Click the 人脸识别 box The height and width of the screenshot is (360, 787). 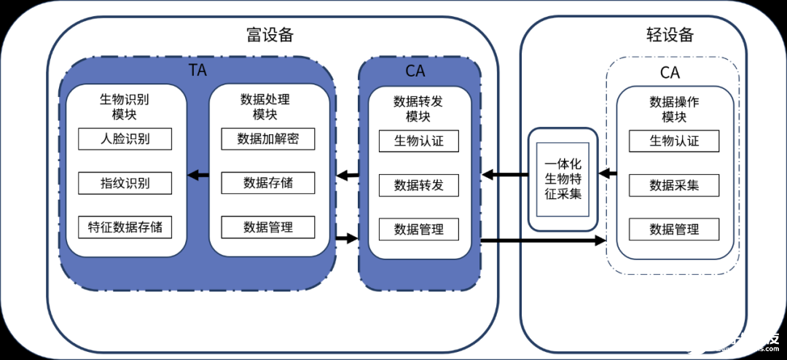point(125,139)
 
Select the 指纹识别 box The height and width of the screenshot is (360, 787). point(125,183)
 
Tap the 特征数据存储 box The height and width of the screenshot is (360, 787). point(125,227)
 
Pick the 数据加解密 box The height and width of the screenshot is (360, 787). point(267,139)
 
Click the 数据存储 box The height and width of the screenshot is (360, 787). point(267,183)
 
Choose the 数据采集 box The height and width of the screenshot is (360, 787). point(674,185)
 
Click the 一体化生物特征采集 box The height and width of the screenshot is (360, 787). point(563,179)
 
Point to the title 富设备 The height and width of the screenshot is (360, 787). point(270,34)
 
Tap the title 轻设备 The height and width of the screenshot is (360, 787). point(669,34)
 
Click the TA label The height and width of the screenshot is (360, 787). point(198,71)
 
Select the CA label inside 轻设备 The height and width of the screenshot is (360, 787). point(670,72)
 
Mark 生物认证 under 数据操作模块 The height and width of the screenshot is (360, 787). point(674,141)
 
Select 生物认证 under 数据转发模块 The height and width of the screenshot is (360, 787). point(418,141)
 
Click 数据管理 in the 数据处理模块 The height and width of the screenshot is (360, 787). point(267,227)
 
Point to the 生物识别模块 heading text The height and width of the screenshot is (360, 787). point(125,106)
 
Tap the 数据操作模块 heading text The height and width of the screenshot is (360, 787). point(674,109)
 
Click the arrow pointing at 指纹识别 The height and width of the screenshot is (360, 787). point(197,175)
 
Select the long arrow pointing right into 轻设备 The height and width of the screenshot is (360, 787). point(543,240)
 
